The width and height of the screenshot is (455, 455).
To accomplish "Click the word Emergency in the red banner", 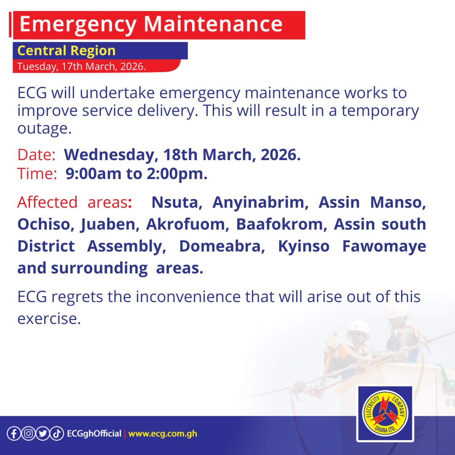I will coord(78,25).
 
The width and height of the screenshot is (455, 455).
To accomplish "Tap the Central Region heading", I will coord(66,51).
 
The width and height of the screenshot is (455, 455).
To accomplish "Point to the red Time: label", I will coord(37,174).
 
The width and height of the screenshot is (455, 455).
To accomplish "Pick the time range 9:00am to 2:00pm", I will coord(136,174).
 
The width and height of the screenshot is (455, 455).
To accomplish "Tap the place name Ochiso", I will coord(43,225).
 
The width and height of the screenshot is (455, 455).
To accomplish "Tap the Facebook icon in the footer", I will coord(14,434).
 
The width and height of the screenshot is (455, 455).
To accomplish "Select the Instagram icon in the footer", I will coord(28,434).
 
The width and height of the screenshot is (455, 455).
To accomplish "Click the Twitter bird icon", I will coord(42,434).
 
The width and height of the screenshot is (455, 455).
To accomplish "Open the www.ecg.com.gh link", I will coord(163,434).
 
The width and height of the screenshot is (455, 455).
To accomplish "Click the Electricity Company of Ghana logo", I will coord(385,413).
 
